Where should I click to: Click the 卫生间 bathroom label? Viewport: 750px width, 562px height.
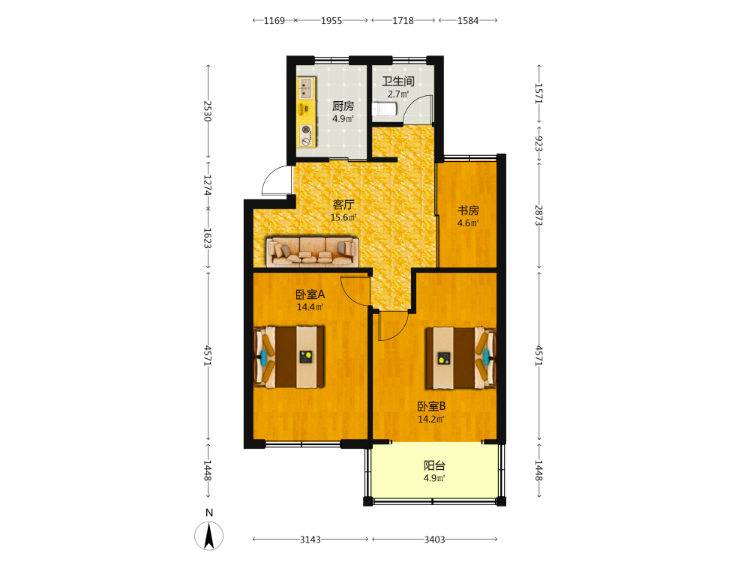pyautogui.click(x=398, y=81)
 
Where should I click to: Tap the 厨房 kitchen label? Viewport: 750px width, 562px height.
pyautogui.click(x=343, y=106)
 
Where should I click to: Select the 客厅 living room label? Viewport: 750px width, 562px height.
pyautogui.click(x=343, y=205)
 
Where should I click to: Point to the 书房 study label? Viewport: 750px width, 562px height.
pyautogui.click(x=468, y=211)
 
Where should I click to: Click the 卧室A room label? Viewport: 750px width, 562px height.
pyautogui.click(x=310, y=294)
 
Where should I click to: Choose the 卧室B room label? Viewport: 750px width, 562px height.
pyautogui.click(x=431, y=406)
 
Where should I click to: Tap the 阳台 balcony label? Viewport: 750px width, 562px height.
pyautogui.click(x=434, y=465)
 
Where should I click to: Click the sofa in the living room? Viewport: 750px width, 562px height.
pyautogui.click(x=312, y=251)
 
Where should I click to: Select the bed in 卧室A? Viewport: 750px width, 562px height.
pyautogui.click(x=289, y=357)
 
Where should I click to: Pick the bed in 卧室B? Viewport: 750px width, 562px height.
pyautogui.click(x=461, y=357)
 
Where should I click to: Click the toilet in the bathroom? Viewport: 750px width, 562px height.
pyautogui.click(x=385, y=109)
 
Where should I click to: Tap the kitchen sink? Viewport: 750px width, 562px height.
pyautogui.click(x=305, y=88)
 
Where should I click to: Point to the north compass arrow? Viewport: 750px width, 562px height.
pyautogui.click(x=209, y=536)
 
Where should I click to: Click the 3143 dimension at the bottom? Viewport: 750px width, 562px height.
pyautogui.click(x=310, y=540)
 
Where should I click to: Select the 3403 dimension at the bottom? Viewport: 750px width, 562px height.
pyautogui.click(x=434, y=540)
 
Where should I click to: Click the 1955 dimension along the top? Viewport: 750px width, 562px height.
pyautogui.click(x=331, y=20)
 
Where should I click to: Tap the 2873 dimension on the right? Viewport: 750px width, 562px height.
pyautogui.click(x=538, y=215)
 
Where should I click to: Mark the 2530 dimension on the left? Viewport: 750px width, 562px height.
pyautogui.click(x=208, y=111)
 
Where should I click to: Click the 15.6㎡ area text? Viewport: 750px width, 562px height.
pyautogui.click(x=343, y=217)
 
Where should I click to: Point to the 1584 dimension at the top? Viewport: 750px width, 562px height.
pyautogui.click(x=468, y=20)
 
